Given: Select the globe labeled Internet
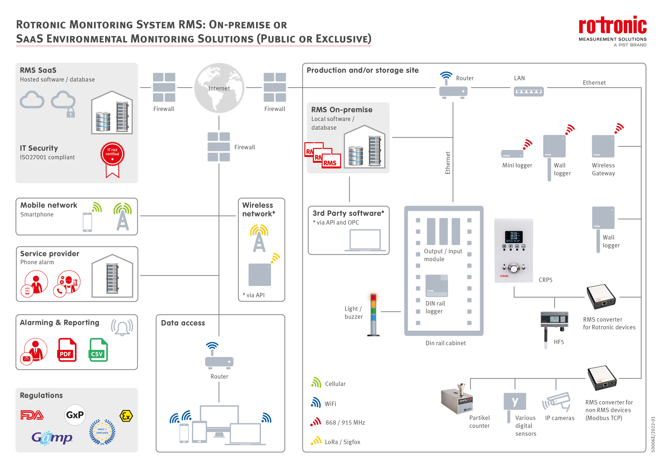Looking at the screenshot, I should click(219, 88).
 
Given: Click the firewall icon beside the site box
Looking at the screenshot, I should click(275, 87).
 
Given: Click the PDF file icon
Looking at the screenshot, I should click(67, 350).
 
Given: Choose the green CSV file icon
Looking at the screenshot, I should click(98, 350).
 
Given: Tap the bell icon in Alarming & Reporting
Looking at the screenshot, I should click(122, 327).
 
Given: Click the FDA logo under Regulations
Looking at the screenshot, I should click(32, 415).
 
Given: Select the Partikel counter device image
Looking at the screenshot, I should click(457, 399).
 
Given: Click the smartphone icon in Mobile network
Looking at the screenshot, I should click(87, 222).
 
